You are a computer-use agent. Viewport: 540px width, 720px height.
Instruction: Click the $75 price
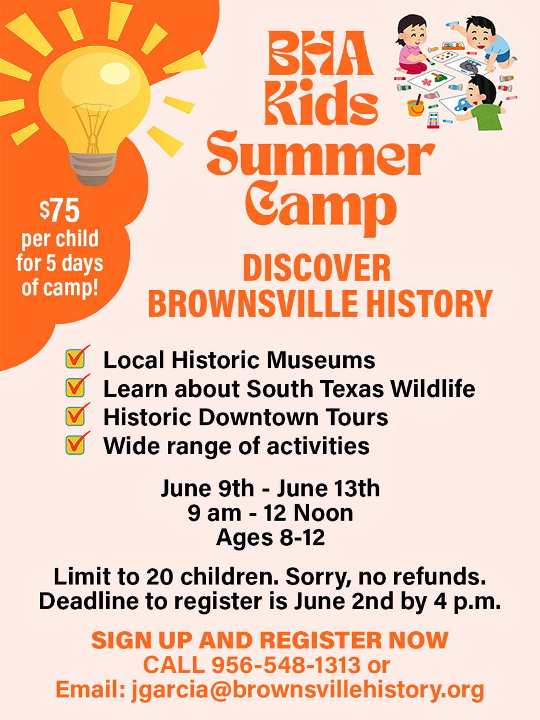[x=59, y=212]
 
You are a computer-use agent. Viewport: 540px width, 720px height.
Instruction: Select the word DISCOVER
[x=317, y=269]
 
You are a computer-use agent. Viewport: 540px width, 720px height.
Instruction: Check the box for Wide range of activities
[x=76, y=444]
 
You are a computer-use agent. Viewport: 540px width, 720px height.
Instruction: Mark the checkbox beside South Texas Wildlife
[x=76, y=387]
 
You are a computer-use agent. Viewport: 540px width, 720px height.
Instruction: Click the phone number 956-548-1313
[x=286, y=666]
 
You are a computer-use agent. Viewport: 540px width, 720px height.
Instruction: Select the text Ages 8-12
[x=270, y=538]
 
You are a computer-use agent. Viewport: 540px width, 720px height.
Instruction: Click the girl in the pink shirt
[x=412, y=46]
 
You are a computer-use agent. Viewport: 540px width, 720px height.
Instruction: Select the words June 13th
[x=328, y=489]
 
